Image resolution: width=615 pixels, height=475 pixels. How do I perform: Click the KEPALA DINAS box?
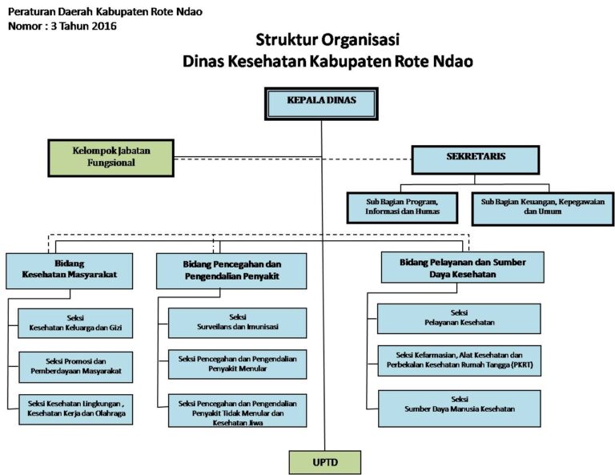pyautogui.click(x=321, y=103)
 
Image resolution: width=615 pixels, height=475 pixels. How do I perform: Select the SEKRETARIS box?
pyautogui.click(x=476, y=159)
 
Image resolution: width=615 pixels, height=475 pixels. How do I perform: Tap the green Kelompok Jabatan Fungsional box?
pyautogui.click(x=111, y=155)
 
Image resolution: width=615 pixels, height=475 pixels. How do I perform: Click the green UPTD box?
pyautogui.click(x=324, y=462)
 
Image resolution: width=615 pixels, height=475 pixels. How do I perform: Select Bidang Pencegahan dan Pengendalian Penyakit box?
pyautogui.click(x=219, y=270)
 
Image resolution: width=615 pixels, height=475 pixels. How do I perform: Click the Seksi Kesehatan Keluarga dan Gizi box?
pyautogui.click(x=75, y=324)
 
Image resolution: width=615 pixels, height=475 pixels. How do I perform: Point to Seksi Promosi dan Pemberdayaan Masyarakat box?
pyautogui.click(x=75, y=367)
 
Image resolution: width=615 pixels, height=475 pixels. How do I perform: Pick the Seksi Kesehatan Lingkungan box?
pyautogui.click(x=75, y=409)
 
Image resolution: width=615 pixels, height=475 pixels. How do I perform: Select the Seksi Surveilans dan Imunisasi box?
pyautogui.click(x=237, y=323)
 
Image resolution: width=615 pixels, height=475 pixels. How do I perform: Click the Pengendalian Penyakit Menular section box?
pyautogui.click(x=237, y=364)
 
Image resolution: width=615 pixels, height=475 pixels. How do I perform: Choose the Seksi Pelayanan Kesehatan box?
pyautogui.click(x=459, y=317)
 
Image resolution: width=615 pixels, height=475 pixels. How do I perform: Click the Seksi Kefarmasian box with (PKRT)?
pyautogui.click(x=459, y=360)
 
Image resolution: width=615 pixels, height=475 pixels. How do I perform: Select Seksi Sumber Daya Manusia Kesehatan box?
pyautogui.click(x=459, y=404)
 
